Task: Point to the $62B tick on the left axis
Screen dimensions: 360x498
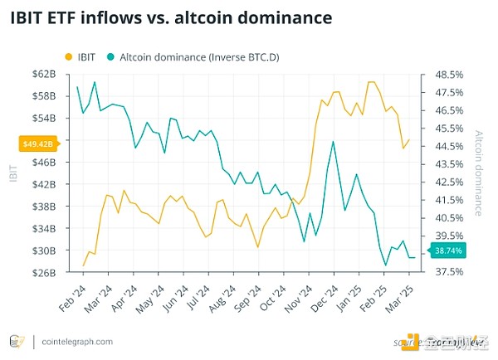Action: (x=43, y=75)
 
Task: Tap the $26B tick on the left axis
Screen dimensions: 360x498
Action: (x=43, y=272)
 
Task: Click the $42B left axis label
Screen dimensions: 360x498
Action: (x=43, y=184)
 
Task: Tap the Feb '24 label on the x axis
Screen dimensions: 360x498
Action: (x=72, y=295)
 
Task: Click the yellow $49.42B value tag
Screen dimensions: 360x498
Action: (x=37, y=144)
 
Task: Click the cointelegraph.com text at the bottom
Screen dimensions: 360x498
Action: (x=73, y=341)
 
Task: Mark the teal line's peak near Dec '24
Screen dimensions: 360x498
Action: (x=333, y=141)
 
